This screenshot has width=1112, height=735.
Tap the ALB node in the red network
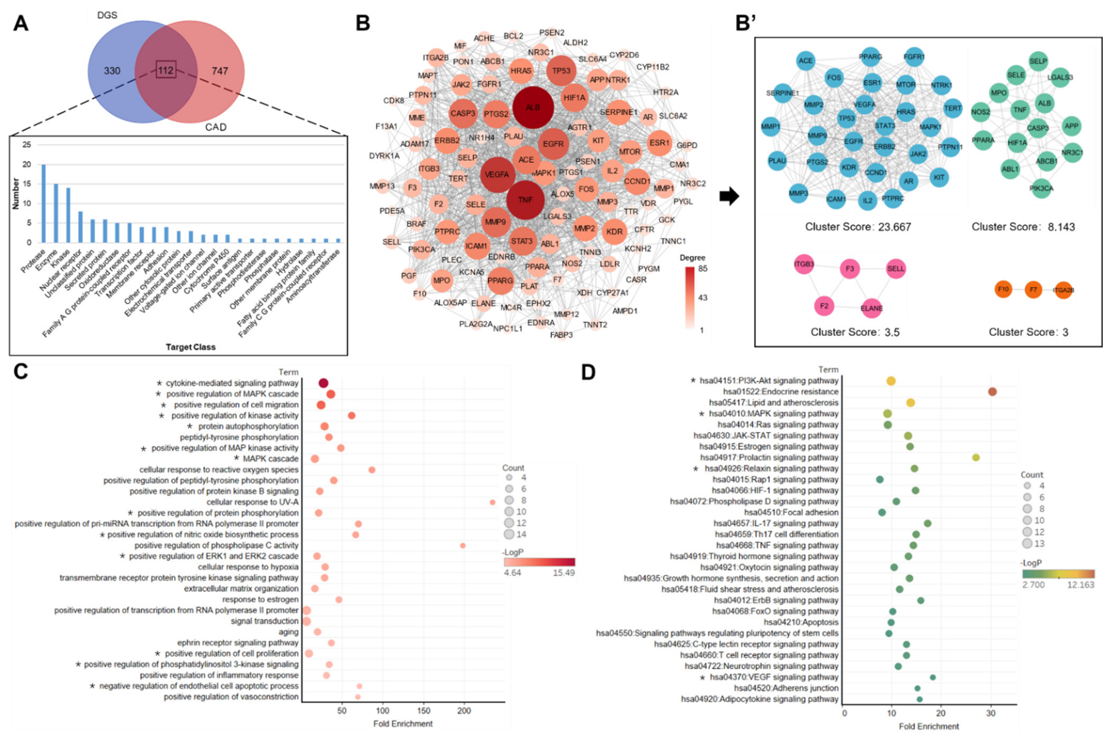(533, 107)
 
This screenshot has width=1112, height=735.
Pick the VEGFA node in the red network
(497, 174)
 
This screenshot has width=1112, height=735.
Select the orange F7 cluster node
(1033, 290)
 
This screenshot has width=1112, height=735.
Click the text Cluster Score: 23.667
(858, 227)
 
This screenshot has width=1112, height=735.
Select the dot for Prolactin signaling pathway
(976, 458)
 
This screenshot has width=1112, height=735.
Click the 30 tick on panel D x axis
(991, 714)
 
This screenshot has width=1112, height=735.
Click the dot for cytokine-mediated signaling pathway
(323, 383)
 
